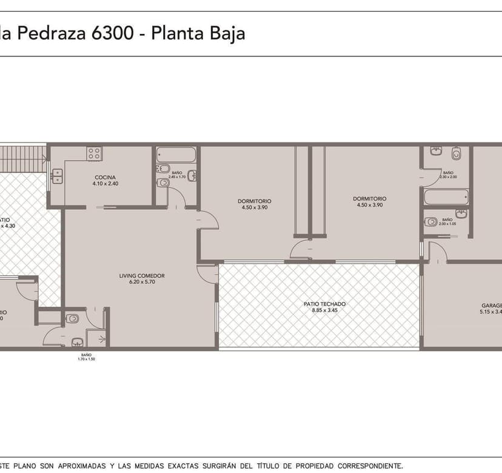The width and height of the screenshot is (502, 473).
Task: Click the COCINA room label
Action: (x=104, y=177)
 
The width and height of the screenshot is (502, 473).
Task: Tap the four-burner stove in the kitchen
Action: (x=94, y=154)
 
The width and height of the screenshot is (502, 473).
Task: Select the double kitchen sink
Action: (x=58, y=176)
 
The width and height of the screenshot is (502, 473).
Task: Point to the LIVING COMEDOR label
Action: (x=142, y=276)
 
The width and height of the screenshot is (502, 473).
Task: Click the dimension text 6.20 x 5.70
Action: (x=142, y=282)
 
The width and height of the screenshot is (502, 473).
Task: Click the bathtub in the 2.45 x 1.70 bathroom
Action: (x=176, y=155)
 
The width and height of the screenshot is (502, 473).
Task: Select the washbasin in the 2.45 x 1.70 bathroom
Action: (x=192, y=176)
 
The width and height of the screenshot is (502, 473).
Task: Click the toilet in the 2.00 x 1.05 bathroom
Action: (x=431, y=222)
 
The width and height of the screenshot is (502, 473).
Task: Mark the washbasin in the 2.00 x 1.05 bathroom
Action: (x=461, y=214)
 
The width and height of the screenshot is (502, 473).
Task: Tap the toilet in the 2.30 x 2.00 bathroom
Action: (x=457, y=151)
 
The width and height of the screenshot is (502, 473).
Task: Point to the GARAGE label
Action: (x=491, y=306)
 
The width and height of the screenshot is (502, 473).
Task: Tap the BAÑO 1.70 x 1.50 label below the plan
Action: (x=86, y=357)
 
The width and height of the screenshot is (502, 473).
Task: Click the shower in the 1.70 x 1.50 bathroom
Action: (x=96, y=338)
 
